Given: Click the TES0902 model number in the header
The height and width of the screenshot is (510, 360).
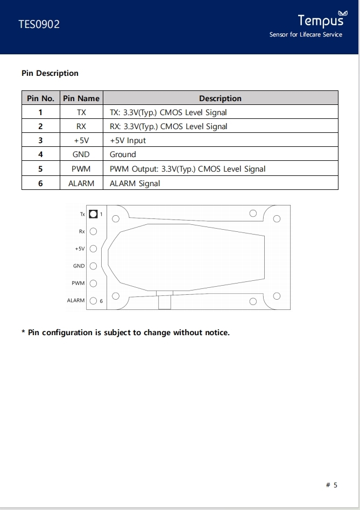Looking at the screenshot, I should click(x=39, y=24).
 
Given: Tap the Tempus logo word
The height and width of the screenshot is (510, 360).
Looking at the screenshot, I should click(x=320, y=20).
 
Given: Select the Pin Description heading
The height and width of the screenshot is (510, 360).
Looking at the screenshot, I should click(x=50, y=73).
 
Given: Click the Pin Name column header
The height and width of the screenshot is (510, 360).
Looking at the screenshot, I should click(x=81, y=98).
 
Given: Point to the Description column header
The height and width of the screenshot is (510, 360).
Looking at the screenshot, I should click(x=220, y=98).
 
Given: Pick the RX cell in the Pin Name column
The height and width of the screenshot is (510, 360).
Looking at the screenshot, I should click(x=81, y=126).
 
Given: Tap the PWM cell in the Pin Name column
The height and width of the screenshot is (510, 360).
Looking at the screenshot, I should click(x=81, y=169).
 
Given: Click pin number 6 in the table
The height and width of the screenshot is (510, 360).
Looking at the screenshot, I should click(x=40, y=183).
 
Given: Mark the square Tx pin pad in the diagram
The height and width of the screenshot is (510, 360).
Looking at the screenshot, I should click(x=93, y=214).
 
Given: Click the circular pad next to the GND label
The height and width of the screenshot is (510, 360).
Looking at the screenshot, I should click(x=93, y=266).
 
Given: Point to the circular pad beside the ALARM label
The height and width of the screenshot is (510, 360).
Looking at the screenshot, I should click(x=93, y=301).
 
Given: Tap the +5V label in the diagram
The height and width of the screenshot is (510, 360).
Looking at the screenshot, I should click(x=80, y=249).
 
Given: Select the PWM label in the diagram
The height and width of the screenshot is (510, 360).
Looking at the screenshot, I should click(x=78, y=283).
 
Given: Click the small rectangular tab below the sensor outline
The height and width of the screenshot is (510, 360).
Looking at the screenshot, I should click(x=164, y=302).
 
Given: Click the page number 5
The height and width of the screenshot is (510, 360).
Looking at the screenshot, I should click(x=335, y=485).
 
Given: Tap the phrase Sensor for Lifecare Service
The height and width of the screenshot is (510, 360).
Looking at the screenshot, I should click(x=306, y=35).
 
